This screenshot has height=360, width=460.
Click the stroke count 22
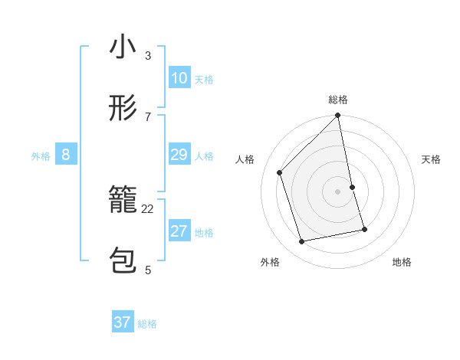pyautogui.click(x=148, y=208)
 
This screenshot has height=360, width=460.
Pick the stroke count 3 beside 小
pyautogui.click(x=148, y=55)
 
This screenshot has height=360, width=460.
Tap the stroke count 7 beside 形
pyautogui.click(x=148, y=116)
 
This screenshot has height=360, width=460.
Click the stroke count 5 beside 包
pyautogui.click(x=148, y=270)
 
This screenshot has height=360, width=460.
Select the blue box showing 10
pyautogui.click(x=179, y=78)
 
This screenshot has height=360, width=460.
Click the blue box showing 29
pyautogui.click(x=179, y=155)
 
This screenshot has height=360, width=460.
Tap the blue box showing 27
pyautogui.click(x=179, y=231)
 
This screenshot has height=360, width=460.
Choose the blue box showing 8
pyautogui.click(x=66, y=155)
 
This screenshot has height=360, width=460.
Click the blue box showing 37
pyautogui.click(x=123, y=322)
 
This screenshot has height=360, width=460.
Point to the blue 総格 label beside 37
pyautogui.click(x=147, y=324)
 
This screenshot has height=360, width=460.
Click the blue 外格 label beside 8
pyautogui.click(x=41, y=156)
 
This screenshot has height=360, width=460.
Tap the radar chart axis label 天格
pyautogui.click(x=432, y=159)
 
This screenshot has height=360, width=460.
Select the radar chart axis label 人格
pyautogui.click(x=245, y=159)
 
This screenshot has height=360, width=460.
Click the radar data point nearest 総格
pyautogui.click(x=338, y=116)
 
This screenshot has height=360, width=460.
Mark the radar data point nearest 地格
pyautogui.click(x=364, y=229)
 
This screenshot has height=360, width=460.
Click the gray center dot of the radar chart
pyautogui.click(x=338, y=191)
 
